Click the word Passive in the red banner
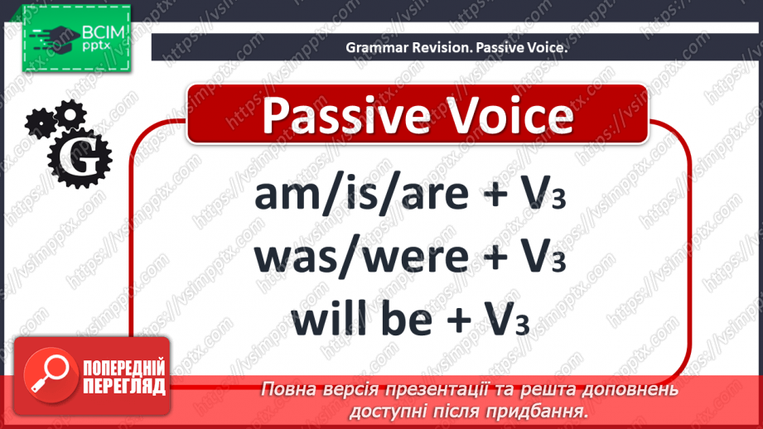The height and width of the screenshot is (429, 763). (346, 117)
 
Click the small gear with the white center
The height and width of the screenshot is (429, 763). (70, 115)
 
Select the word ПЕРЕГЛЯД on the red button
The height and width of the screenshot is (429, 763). (124, 386)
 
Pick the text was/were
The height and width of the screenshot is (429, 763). (361, 258)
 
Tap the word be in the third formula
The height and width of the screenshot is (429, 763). (407, 319)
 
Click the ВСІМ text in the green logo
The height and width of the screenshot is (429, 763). (104, 32)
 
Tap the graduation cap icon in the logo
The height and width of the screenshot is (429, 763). (60, 37)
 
